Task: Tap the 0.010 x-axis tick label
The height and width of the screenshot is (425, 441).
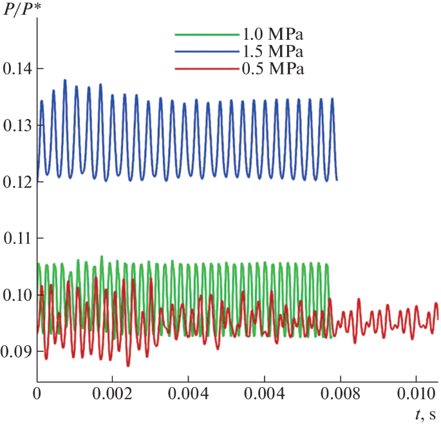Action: (x=417, y=392)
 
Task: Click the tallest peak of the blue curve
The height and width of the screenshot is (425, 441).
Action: (x=65, y=80)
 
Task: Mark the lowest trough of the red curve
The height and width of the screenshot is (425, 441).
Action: (x=127, y=365)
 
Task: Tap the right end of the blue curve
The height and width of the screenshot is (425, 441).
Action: (x=337, y=180)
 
